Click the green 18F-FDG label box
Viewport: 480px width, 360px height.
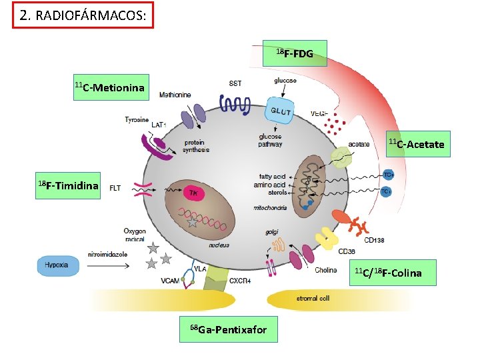click(x=295, y=53)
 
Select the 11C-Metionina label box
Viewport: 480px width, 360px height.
click(x=109, y=87)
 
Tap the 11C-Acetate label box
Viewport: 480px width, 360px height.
click(x=417, y=144)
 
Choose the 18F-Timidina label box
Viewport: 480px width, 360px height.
click(x=68, y=185)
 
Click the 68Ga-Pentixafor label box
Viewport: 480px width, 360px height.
click(x=228, y=329)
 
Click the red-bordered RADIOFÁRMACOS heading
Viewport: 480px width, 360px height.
click(x=83, y=16)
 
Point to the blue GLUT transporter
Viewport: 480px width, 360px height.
click(x=281, y=113)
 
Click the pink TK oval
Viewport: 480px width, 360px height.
click(x=194, y=193)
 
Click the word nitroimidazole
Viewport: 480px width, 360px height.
click(x=107, y=254)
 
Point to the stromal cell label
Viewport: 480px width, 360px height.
click(x=313, y=299)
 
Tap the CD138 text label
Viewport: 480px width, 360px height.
click(x=374, y=240)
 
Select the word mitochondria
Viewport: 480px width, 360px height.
click(x=270, y=208)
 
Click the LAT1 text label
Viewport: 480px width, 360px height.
click(x=159, y=125)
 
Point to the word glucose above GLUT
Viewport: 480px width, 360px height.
click(x=285, y=81)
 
